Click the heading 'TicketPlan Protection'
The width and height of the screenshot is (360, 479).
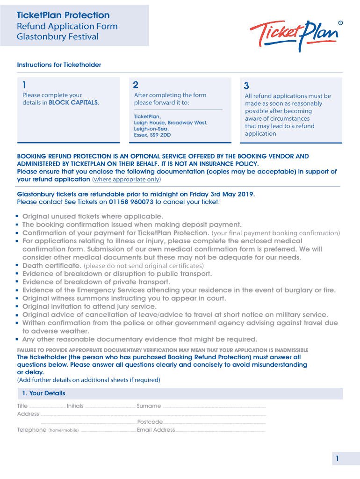(x=63, y=15)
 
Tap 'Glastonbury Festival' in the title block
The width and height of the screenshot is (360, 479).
(x=58, y=36)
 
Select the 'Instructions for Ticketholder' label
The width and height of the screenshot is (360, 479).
(x=59, y=65)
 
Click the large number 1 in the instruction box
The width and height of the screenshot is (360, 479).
(x=24, y=85)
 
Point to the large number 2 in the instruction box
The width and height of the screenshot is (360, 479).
(x=136, y=85)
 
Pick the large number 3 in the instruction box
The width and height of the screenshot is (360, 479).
(x=246, y=86)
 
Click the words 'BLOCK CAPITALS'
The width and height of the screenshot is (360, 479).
(x=73, y=102)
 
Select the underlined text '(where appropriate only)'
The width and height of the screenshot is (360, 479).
(x=126, y=179)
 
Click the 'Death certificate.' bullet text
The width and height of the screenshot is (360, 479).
(x=51, y=266)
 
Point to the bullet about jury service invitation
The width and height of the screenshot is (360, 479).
(x=89, y=306)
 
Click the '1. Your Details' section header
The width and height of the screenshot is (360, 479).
(x=43, y=393)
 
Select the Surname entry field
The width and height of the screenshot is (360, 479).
(x=214, y=407)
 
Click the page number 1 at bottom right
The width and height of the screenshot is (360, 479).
(x=336, y=459)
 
